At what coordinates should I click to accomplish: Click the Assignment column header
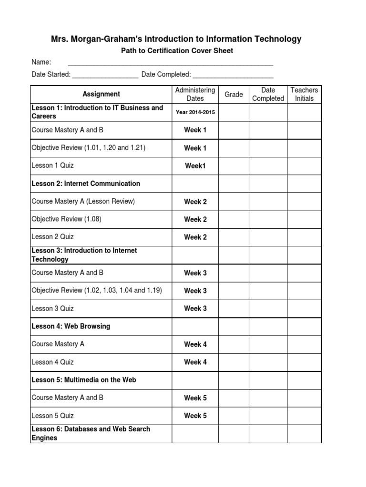coord(101,94)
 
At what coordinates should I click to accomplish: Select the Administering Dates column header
coord(195,94)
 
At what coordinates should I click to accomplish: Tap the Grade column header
coord(234,95)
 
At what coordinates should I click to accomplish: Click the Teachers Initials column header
coord(304,94)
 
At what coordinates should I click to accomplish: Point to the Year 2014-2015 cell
coord(195,112)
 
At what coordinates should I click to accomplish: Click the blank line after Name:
coord(171,62)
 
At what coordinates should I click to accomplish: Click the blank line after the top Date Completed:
coord(233,74)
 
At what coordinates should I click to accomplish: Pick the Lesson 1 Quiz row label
coord(52,166)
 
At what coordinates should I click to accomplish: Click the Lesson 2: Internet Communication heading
coord(86,184)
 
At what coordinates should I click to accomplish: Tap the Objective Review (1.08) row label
coord(66,219)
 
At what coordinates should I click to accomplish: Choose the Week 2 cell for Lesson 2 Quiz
coord(195,237)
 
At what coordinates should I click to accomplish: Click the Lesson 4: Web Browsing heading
coord(71,326)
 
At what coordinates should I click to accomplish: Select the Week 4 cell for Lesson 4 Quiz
coord(195,362)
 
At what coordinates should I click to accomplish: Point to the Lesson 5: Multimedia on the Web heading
coord(84,380)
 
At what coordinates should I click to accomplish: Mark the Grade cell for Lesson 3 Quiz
coord(234,309)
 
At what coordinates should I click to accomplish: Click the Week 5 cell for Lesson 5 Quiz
coord(195,416)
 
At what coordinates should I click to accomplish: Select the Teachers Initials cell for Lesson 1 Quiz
coord(304,166)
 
